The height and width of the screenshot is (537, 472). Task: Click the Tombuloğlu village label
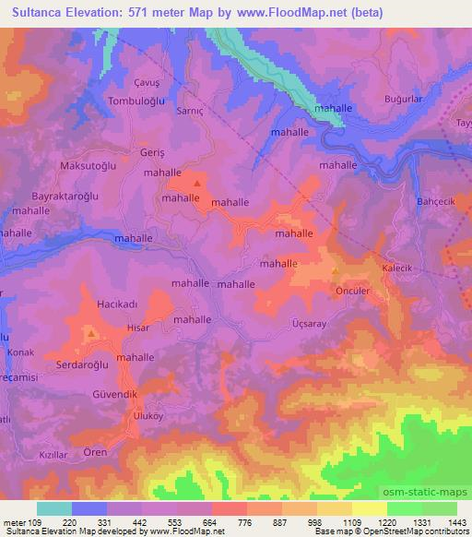click(x=113, y=100)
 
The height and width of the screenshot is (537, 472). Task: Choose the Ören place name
click(x=96, y=452)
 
